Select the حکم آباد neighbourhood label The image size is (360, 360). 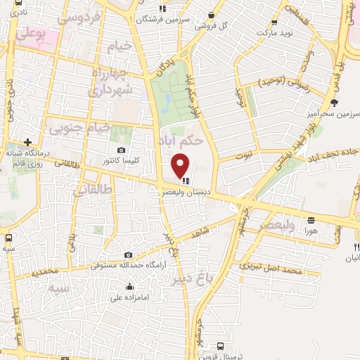(183, 139)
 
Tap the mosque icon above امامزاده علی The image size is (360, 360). (130, 287)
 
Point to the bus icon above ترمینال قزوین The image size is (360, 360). (221, 346)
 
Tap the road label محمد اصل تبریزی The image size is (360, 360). (271, 268)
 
